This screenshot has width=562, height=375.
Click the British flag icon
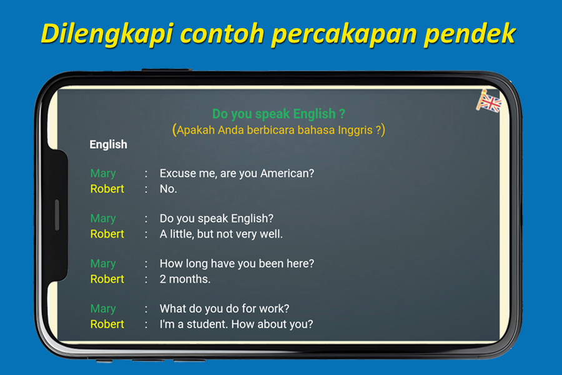click(x=489, y=101)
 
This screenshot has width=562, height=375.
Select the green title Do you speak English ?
click(x=279, y=114)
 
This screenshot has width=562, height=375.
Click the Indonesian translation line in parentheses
click(x=279, y=129)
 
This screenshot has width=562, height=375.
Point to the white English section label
click(x=108, y=144)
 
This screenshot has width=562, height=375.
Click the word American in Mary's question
click(x=287, y=173)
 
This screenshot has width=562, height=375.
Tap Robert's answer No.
click(x=169, y=189)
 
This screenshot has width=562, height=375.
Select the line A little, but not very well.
click(x=221, y=234)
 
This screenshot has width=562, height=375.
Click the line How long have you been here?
click(x=237, y=264)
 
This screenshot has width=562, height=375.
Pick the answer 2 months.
click(x=185, y=279)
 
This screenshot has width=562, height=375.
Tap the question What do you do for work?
click(x=224, y=309)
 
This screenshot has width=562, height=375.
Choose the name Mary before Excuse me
click(x=103, y=174)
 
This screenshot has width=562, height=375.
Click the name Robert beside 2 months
click(x=107, y=279)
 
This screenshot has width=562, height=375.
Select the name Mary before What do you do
click(x=103, y=309)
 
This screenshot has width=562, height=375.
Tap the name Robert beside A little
click(x=107, y=234)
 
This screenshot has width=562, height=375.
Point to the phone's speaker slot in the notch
click(x=57, y=214)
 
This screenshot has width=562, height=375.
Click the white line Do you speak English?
click(x=217, y=219)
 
